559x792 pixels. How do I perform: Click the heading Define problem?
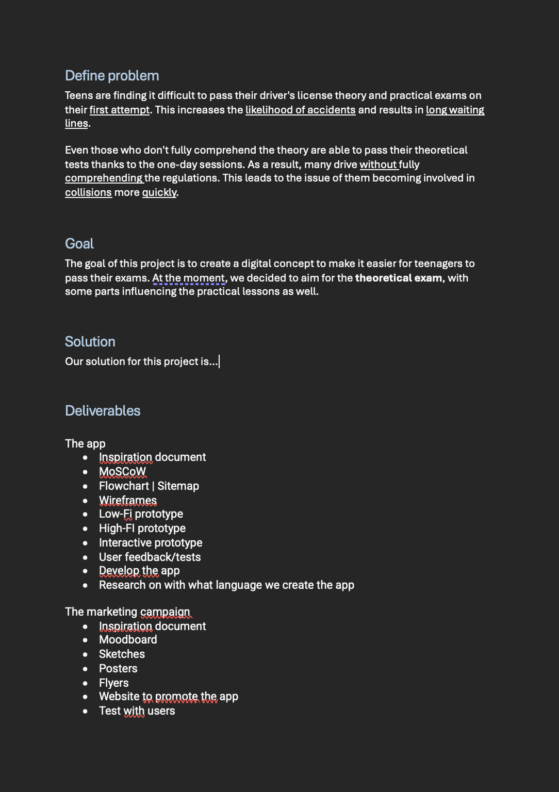(x=112, y=76)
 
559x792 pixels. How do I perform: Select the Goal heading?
(x=79, y=244)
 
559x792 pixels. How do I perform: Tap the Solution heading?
(x=90, y=342)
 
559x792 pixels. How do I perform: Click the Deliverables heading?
(x=103, y=411)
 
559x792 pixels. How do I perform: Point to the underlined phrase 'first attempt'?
(x=120, y=110)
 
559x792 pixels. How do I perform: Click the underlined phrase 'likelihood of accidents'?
(x=300, y=110)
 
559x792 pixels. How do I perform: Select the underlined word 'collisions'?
(x=88, y=192)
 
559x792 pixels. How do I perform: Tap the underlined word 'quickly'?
(x=159, y=192)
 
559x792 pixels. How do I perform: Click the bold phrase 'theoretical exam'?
(x=398, y=278)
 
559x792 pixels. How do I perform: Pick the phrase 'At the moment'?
(x=189, y=278)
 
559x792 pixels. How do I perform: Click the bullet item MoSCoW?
(x=122, y=472)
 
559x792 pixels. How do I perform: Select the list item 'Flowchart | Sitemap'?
(x=149, y=486)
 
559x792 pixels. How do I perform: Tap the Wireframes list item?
(x=128, y=501)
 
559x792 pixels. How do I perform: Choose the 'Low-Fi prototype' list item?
(x=141, y=514)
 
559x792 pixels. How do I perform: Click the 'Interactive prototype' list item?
(x=151, y=543)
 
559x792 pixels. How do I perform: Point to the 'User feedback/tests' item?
(x=150, y=557)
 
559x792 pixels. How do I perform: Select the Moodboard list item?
(x=128, y=640)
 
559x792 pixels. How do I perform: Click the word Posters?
(x=118, y=669)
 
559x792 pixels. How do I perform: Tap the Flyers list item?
(x=113, y=683)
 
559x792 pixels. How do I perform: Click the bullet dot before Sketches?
(x=86, y=655)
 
